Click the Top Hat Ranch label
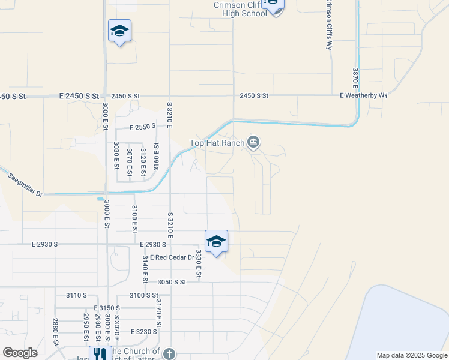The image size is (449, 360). pos(217,143)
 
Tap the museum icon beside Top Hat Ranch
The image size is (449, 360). pos(253,142)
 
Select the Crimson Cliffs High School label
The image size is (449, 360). pos(240,9)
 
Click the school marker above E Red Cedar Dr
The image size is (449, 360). pos(216,242)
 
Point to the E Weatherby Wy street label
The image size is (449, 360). pos(364,95)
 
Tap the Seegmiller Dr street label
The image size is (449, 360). pos(26,185)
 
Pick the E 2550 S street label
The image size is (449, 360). pos(143,127)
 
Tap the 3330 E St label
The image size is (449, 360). pos(197,264)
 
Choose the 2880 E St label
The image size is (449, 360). pos(55,331)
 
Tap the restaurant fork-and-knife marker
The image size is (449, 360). pos(100,355)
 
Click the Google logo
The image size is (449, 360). pos(20,353)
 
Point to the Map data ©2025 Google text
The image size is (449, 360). pos(412,355)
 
